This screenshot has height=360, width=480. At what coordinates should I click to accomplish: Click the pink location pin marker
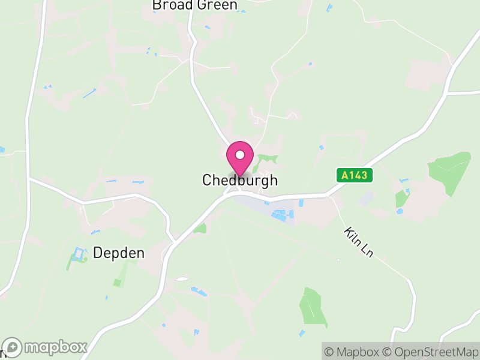pyautogui.click(x=240, y=157)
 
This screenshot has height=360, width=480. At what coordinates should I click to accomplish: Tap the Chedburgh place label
pyautogui.click(x=240, y=180)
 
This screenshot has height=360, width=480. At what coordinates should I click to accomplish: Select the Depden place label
pyautogui.click(x=119, y=253)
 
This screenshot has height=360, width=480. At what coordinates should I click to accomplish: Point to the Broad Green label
pyautogui.click(x=194, y=5)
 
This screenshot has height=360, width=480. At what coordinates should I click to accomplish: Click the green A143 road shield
pyautogui.click(x=354, y=175)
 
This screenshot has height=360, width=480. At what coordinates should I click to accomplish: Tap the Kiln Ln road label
pyautogui.click(x=359, y=242)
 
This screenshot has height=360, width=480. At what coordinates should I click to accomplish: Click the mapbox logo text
pyautogui.click(x=56, y=347)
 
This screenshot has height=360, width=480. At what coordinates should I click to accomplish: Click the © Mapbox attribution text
pyautogui.click(x=352, y=352)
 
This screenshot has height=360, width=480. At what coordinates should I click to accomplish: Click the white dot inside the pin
pyautogui.click(x=240, y=154)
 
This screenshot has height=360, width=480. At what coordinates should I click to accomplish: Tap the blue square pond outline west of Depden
pyautogui.click(x=78, y=254)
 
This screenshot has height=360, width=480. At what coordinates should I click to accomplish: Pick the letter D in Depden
pyautogui.click(x=98, y=253)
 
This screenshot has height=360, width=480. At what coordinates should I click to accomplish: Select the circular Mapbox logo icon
pyautogui.click(x=13, y=347)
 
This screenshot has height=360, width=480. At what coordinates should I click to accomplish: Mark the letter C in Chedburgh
pyautogui.click(x=207, y=180)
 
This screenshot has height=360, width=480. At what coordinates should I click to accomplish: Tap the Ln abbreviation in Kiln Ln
pyautogui.click(x=367, y=251)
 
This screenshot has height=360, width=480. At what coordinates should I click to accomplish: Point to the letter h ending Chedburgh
pyautogui.click(x=274, y=180)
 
